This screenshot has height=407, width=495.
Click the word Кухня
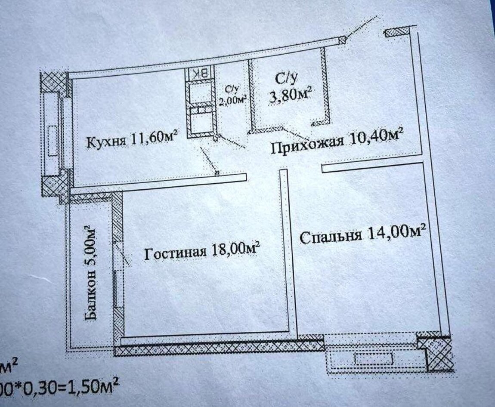106,142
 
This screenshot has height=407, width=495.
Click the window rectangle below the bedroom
374,359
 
